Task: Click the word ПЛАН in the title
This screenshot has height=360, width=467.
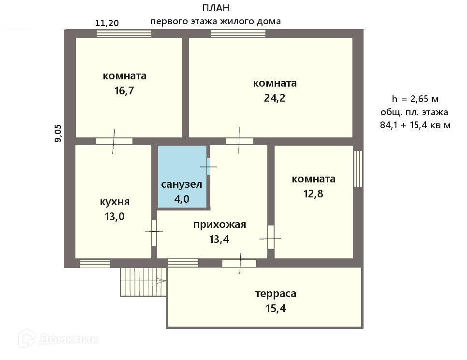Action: pyautogui.click(x=215, y=8)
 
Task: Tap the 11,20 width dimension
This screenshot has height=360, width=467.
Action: pyautogui.click(x=107, y=22)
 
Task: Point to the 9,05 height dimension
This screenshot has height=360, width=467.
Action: pyautogui.click(x=58, y=133)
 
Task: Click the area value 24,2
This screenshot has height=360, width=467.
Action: pyautogui.click(x=275, y=98)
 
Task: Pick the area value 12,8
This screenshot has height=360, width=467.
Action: pyautogui.click(x=313, y=194)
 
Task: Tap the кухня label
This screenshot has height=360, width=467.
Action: pyautogui.click(x=115, y=202)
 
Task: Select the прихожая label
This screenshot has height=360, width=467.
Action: pyautogui.click(x=220, y=225)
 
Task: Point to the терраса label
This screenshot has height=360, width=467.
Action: pyautogui.click(x=276, y=293)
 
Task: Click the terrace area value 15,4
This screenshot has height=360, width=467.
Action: pyautogui.click(x=276, y=308)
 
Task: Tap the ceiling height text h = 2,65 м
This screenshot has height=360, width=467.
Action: pyautogui.click(x=415, y=99)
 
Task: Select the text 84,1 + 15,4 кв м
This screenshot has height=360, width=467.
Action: pyautogui.click(x=415, y=126)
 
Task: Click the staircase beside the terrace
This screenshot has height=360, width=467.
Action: pyautogui.click(x=143, y=282)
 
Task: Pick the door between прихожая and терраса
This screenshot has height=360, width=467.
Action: pyautogui.click(x=239, y=263)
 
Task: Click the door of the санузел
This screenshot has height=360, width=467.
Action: pyautogui.click(x=208, y=167)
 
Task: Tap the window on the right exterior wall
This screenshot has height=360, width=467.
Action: pyautogui.click(x=358, y=168)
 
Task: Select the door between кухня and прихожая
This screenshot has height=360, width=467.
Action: pyautogui.click(x=154, y=232)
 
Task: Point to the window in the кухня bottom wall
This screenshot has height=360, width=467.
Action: pyautogui.click(x=95, y=263)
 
